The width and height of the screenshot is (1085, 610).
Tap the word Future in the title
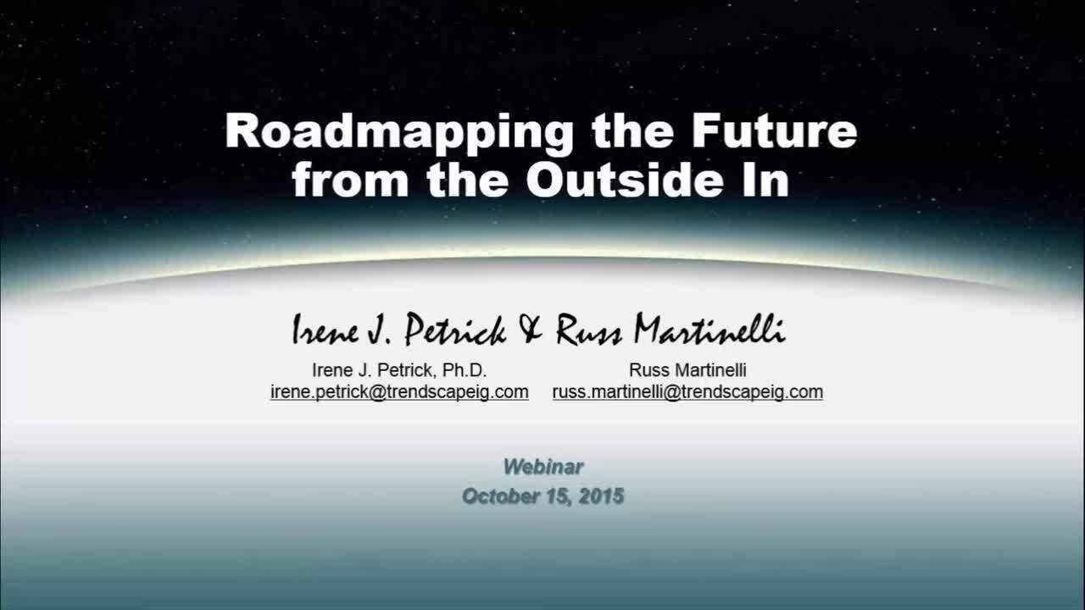(x=775, y=130)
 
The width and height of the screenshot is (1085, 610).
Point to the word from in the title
(x=350, y=180)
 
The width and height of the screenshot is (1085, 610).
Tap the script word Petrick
(x=455, y=330)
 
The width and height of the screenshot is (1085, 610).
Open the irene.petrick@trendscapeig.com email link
(x=399, y=391)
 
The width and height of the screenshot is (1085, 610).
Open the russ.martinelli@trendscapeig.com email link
(x=687, y=391)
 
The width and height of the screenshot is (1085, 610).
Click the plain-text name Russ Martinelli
(x=687, y=370)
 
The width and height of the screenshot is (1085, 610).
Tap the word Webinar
(x=543, y=467)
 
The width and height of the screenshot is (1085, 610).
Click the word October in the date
(x=500, y=496)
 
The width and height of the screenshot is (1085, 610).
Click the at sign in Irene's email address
(x=377, y=392)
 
